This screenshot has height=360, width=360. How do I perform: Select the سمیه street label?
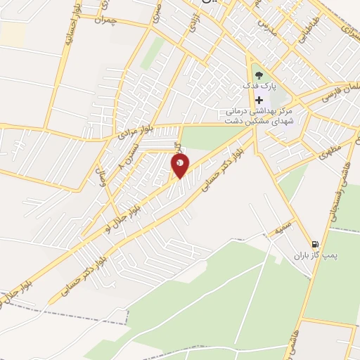coord(283,228)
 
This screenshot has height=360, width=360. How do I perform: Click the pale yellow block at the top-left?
coord(13,31)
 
